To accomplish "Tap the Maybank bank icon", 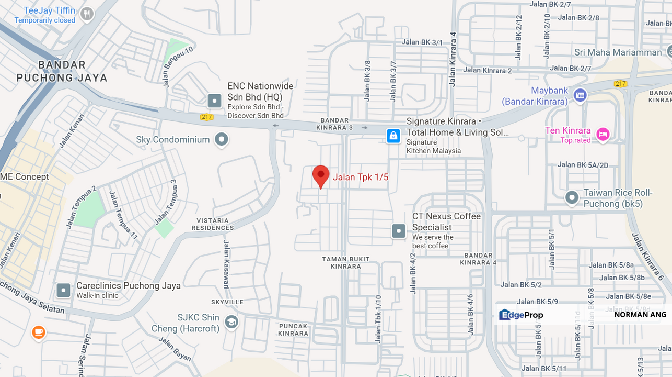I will coord(580,95).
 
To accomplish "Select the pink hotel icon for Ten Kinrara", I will coord(603,135).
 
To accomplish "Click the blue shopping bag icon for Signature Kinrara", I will coord(393,136).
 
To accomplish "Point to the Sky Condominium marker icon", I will coord(222,139).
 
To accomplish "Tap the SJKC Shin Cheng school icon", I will coord(231,321).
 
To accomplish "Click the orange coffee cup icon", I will coord(38,332).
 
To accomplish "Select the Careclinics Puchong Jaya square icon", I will coord(64,290).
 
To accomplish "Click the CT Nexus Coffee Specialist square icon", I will coord(399,230).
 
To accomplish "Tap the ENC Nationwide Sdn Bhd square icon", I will coord(214,101).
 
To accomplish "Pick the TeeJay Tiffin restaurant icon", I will coord(87,14).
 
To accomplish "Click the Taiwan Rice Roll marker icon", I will coord(572,197).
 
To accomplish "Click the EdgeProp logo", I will coord(521,315).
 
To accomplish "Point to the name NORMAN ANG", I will coord(640,315).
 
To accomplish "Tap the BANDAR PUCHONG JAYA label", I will coord(62,71).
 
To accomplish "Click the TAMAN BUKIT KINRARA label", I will coord(345,262).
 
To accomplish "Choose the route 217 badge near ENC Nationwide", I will coord(206,117).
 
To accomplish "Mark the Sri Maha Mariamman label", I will coord(618,52).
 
